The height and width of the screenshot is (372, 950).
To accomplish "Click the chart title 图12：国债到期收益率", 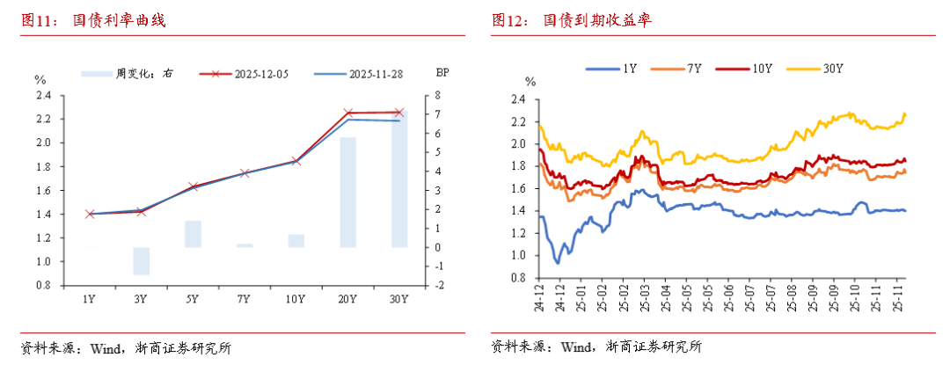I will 572,20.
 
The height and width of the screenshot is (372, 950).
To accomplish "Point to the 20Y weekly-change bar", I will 347,192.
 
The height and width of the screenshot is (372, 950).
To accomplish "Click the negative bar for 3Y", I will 141,260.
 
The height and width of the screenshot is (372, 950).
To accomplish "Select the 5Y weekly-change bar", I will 193,234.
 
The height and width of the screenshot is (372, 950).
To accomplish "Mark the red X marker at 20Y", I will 347,113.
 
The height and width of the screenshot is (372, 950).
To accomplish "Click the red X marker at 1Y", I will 89,214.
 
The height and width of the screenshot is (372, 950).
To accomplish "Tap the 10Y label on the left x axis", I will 296,299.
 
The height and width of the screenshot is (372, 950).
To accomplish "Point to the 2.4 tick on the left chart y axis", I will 43,95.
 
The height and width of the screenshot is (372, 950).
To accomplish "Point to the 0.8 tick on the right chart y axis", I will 518,278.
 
